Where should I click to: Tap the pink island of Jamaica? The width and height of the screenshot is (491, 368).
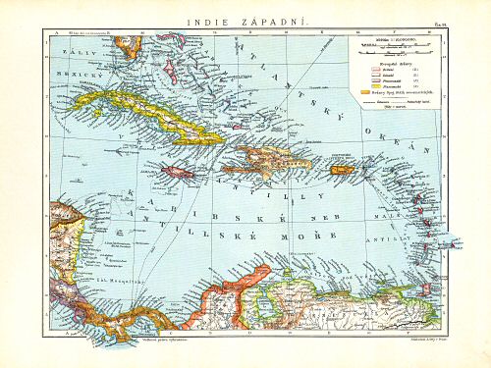click(179, 172)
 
